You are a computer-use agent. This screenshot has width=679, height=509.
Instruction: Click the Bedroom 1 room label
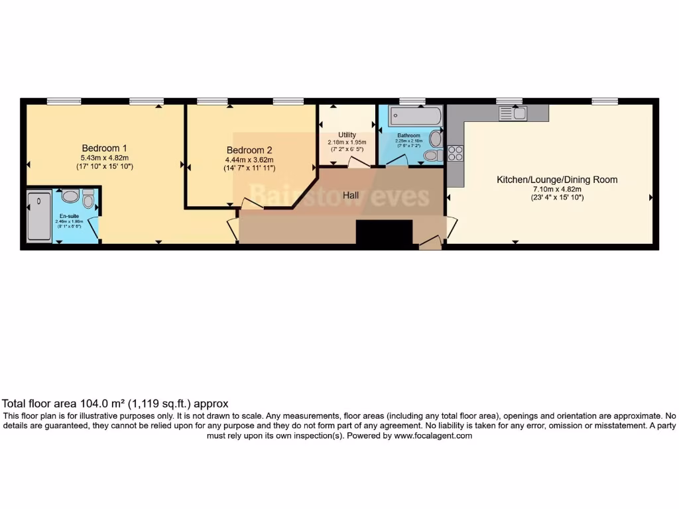105,148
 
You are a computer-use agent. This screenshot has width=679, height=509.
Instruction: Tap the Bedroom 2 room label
249,150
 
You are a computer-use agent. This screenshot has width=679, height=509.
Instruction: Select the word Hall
352,196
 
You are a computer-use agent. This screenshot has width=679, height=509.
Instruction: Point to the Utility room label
347,135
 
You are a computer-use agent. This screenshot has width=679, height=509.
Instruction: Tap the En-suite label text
67,217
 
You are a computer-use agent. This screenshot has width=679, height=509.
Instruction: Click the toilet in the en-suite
88,198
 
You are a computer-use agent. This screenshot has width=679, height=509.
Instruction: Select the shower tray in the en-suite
39,216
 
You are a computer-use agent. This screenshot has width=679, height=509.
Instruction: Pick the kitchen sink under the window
513,113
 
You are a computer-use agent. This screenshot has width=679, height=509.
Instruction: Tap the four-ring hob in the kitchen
456,153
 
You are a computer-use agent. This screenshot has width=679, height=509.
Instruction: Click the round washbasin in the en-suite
70,196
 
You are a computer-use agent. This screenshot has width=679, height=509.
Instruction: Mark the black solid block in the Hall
385,233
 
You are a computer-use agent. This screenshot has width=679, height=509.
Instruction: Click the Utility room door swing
359,162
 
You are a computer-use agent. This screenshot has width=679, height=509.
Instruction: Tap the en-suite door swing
93,227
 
